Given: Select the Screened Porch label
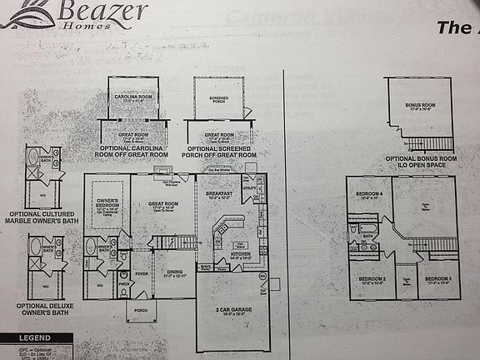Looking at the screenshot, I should (x=219, y=98).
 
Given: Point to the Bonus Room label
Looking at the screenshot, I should (x=420, y=106).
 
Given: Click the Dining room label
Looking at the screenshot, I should (x=174, y=273).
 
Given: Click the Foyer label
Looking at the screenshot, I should (x=142, y=272).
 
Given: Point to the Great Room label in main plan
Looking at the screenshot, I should (x=163, y=202).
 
